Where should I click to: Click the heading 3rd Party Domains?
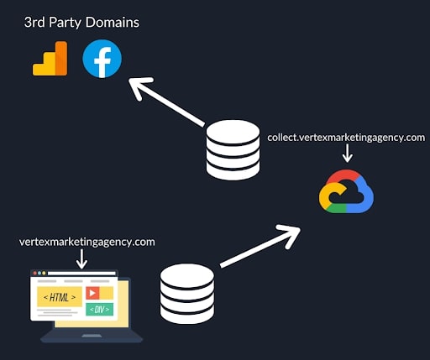[x=81, y=23]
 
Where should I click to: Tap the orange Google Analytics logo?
[x=50, y=59]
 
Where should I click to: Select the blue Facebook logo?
[x=102, y=59]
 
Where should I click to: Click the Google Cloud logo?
[x=346, y=191]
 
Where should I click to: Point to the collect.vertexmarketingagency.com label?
[x=346, y=138]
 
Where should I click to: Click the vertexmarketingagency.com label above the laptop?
[x=87, y=242]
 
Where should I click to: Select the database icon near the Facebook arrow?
[x=233, y=149]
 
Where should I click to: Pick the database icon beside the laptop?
[x=187, y=294]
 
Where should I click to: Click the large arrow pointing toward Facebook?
[x=166, y=102]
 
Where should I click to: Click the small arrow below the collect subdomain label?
[x=348, y=153]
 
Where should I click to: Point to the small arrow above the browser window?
[x=81, y=258]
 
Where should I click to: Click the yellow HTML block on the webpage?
[x=60, y=297]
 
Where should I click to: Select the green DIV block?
[x=99, y=310]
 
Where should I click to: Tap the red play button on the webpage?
[x=92, y=293]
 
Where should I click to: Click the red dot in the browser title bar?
[x=35, y=273]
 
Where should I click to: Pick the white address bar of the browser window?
[x=81, y=274]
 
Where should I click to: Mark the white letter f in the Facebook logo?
[x=102, y=62]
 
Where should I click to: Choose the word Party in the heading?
[x=65, y=23]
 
